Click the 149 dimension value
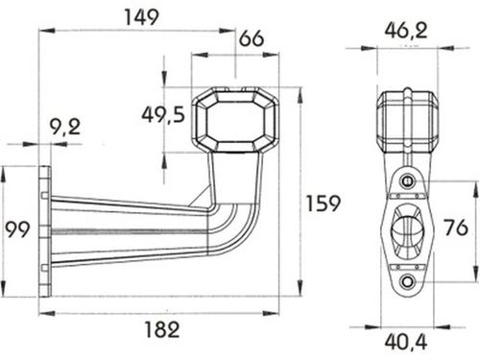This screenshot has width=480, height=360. pyautogui.click(x=141, y=17)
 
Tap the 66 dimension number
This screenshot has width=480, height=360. pyautogui.click(x=252, y=38)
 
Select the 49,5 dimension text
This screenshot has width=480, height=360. pyautogui.click(x=163, y=114)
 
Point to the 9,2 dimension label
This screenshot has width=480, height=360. pyautogui.click(x=65, y=127)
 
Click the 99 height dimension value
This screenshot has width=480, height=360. pyautogui.click(x=17, y=229)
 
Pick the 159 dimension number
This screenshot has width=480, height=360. pyautogui.click(x=323, y=204)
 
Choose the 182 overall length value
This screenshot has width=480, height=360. pyautogui.click(x=162, y=329)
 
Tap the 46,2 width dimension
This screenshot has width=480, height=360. pyautogui.click(x=406, y=31)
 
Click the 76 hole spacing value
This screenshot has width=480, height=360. pyautogui.click(x=456, y=228)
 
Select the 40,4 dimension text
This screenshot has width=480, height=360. pyautogui.click(x=406, y=342)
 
